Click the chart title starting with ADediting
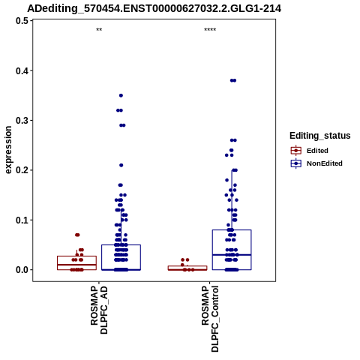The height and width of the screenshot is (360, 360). [154, 8]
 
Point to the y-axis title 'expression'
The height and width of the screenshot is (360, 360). [8, 150]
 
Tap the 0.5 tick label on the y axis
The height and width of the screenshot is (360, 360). [22, 21]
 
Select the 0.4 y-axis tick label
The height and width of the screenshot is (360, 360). [22, 70]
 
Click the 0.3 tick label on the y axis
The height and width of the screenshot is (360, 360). [22, 121]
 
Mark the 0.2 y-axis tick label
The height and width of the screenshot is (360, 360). [22, 170]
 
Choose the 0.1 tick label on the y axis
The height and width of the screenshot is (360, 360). [22, 220]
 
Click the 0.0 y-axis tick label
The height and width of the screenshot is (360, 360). [22, 270]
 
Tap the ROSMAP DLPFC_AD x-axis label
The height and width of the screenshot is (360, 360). [99, 310]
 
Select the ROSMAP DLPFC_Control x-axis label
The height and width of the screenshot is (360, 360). [210, 319]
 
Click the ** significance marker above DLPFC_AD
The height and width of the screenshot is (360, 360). [99, 30]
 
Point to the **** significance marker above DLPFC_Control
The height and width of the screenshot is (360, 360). [210, 30]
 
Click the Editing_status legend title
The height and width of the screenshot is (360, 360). [320, 136]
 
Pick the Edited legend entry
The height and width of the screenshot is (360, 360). [317, 151]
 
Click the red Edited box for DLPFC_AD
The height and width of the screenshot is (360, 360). [76, 256]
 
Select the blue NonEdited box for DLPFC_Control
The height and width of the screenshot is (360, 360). [232, 230]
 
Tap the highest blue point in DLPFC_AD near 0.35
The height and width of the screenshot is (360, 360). [121, 95]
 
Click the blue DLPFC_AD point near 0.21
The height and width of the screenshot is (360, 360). [121, 165]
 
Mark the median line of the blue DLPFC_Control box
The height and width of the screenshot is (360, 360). [232, 255]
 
